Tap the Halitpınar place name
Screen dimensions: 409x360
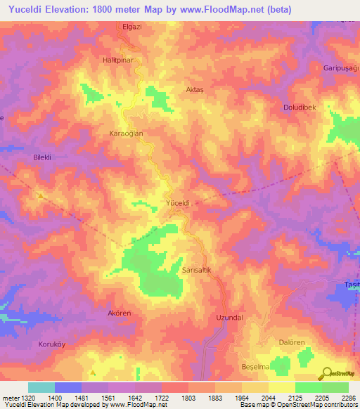pyautogui.click(x=117, y=60)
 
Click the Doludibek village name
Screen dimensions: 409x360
pyautogui.click(x=300, y=106)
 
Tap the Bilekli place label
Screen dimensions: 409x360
pyautogui.click(x=44, y=157)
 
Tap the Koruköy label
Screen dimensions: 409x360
pyautogui.click(x=51, y=345)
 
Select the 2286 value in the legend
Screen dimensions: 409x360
pyautogui.click(x=348, y=397)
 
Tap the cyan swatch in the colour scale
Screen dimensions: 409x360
pyautogui.click(x=41, y=387)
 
